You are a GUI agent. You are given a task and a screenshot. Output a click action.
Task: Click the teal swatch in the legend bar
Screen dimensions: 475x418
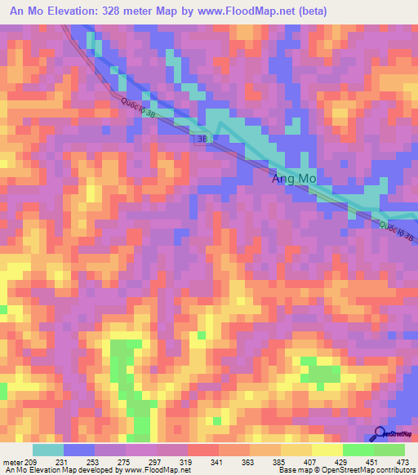48,450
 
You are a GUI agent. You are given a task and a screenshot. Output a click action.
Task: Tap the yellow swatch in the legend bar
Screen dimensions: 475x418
327,450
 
